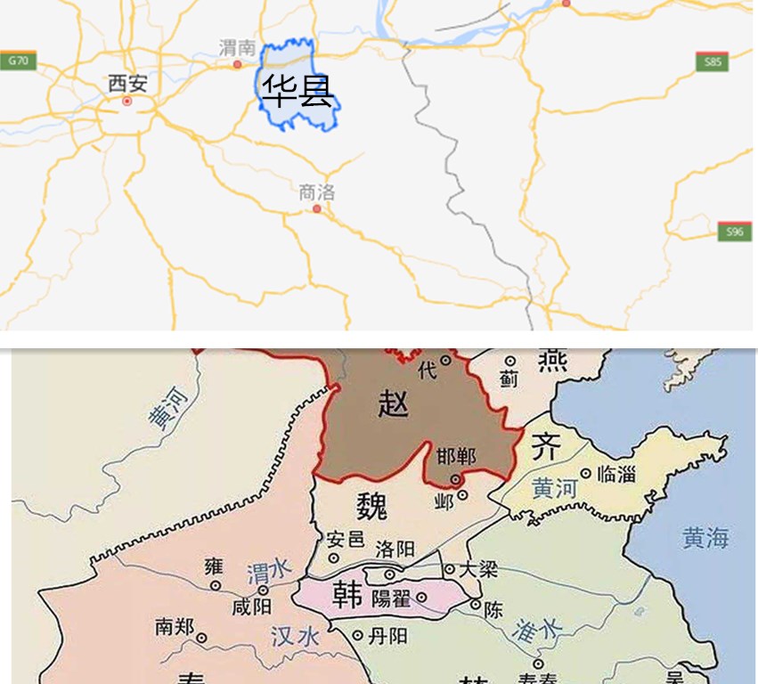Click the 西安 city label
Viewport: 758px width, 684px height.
click(127, 85)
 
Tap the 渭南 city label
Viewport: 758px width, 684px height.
click(238, 48)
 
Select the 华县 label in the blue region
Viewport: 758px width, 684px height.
click(297, 91)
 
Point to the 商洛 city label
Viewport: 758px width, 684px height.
click(317, 191)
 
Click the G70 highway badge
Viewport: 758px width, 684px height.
click(18, 61)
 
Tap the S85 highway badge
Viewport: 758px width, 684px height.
click(712, 62)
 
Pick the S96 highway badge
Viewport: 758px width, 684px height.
click(734, 232)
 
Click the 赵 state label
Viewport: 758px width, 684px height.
click(393, 404)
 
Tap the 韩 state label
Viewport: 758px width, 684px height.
click(346, 594)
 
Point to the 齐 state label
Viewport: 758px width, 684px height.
click(545, 448)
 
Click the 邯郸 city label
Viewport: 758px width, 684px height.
click(456, 457)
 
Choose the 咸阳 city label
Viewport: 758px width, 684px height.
click(251, 607)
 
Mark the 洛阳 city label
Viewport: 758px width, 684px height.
click(395, 550)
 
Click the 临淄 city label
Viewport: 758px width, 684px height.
click(616, 475)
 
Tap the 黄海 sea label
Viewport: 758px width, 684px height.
click(705, 538)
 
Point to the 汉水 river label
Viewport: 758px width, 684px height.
click(295, 636)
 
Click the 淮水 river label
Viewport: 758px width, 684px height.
click(538, 631)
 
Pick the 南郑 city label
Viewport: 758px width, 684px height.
click(174, 627)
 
